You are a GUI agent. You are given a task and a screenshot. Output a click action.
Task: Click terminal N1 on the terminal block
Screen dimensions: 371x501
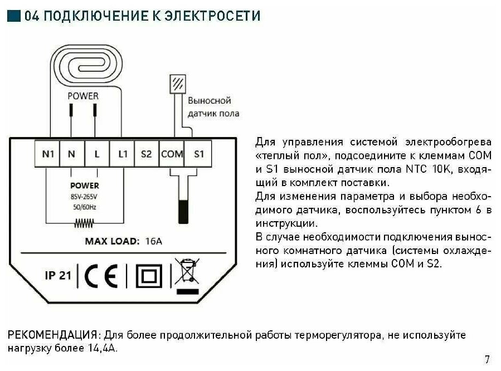pos(48,153)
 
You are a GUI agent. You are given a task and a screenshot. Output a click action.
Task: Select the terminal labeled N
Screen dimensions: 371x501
pos(72,153)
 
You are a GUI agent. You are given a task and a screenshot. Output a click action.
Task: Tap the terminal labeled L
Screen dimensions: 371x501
pos(97,153)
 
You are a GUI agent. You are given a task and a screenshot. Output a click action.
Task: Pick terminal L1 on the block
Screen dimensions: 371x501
pos(122,153)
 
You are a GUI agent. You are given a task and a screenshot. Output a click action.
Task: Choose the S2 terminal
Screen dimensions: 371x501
pos(147,153)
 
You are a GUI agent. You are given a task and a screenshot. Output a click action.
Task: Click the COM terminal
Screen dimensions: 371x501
pos(172,153)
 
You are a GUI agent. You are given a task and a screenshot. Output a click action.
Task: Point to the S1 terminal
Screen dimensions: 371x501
pos(198,153)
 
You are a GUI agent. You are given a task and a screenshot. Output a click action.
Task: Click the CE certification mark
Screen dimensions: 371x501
pos(101,275)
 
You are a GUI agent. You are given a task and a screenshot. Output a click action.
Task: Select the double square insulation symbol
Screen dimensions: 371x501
pos(148,276)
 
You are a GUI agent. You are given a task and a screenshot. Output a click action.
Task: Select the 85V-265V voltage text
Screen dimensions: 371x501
pos(84,197)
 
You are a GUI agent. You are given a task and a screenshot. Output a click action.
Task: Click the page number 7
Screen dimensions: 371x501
pos(487,359)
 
